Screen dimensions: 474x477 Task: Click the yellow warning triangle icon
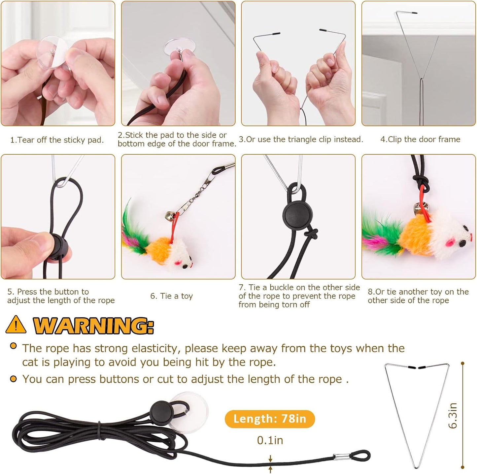click(x=16, y=325)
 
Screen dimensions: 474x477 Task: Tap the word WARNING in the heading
click(x=93, y=326)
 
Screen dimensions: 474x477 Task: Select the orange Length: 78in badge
click(x=269, y=419)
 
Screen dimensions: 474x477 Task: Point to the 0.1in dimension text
click(x=270, y=440)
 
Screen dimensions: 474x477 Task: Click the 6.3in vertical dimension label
click(x=453, y=415)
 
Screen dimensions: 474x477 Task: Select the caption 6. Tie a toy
click(x=171, y=296)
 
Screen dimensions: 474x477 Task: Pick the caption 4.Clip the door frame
click(x=420, y=139)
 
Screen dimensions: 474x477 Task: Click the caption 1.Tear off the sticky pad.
click(x=57, y=140)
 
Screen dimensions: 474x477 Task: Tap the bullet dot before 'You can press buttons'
click(x=13, y=379)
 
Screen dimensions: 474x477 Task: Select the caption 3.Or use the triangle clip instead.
click(x=301, y=139)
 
